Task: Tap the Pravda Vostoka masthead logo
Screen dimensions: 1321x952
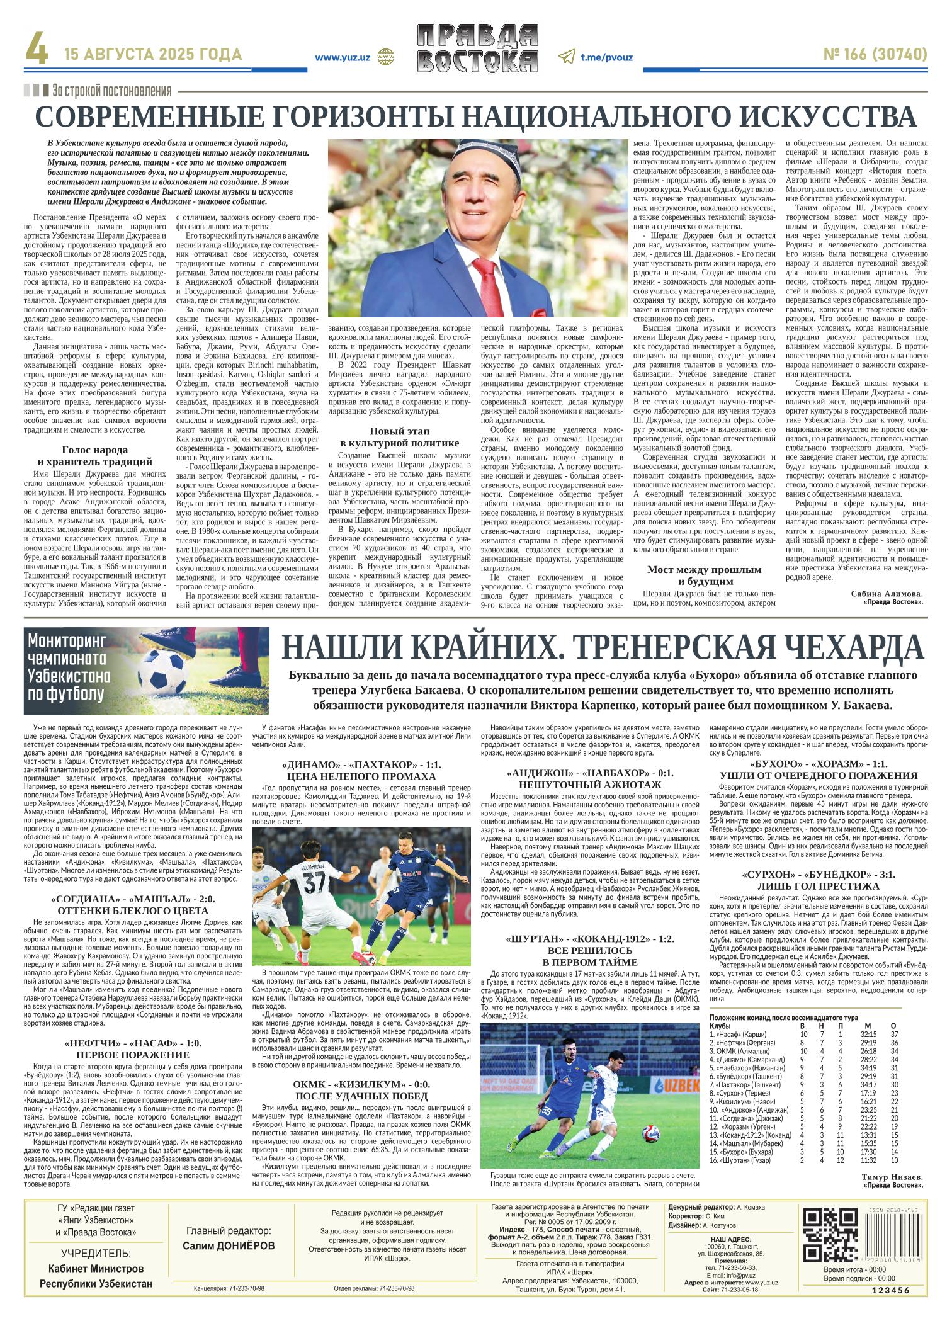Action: (477, 49)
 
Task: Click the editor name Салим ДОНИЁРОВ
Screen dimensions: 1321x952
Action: (229, 1246)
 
